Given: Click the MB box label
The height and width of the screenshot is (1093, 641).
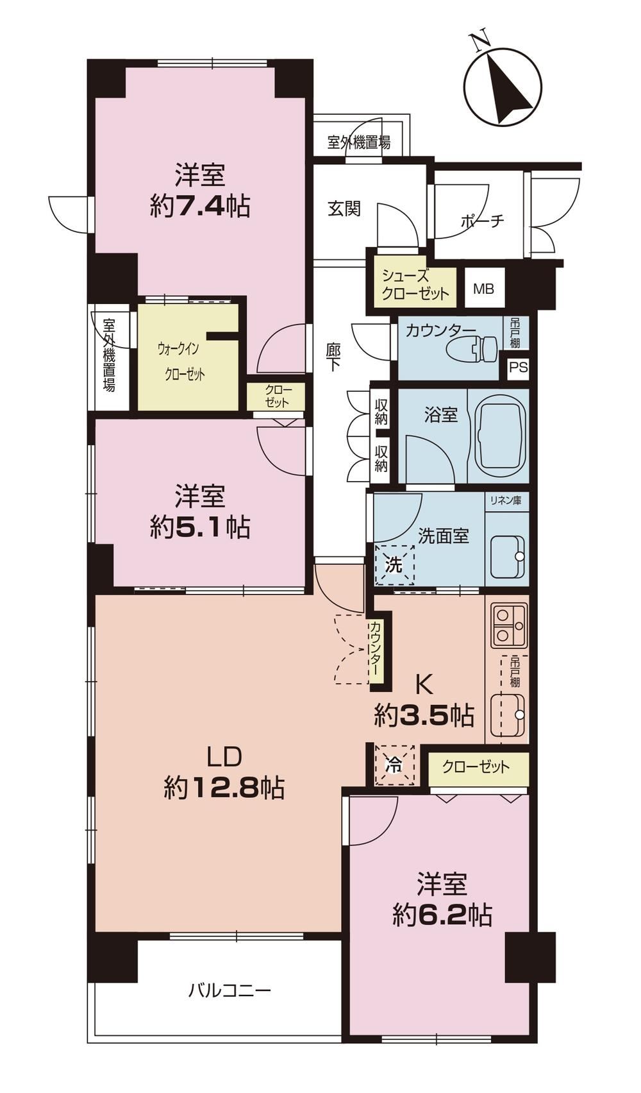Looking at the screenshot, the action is [x=483, y=289].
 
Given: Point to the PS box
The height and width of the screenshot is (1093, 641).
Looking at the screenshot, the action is [x=519, y=367].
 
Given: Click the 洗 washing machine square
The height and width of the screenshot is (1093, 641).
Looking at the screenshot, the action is [x=394, y=565].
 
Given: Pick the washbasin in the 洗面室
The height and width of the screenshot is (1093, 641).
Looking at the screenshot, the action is [x=508, y=556].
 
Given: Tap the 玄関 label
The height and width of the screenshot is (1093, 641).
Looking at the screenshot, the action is [x=344, y=208].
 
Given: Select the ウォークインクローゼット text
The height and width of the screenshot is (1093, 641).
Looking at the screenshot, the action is [x=181, y=362].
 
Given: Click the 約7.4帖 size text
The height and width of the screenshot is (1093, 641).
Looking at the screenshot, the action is [x=201, y=207].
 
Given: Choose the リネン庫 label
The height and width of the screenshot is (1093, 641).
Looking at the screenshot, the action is [x=506, y=501].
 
